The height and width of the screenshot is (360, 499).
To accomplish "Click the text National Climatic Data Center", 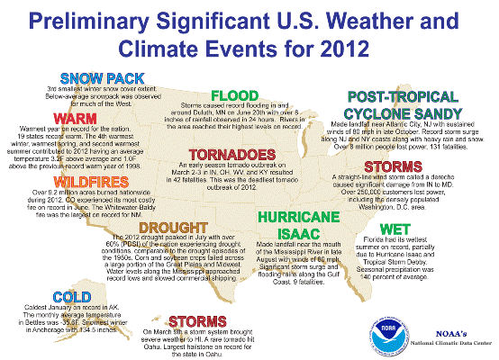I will click(x=447, y=343).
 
